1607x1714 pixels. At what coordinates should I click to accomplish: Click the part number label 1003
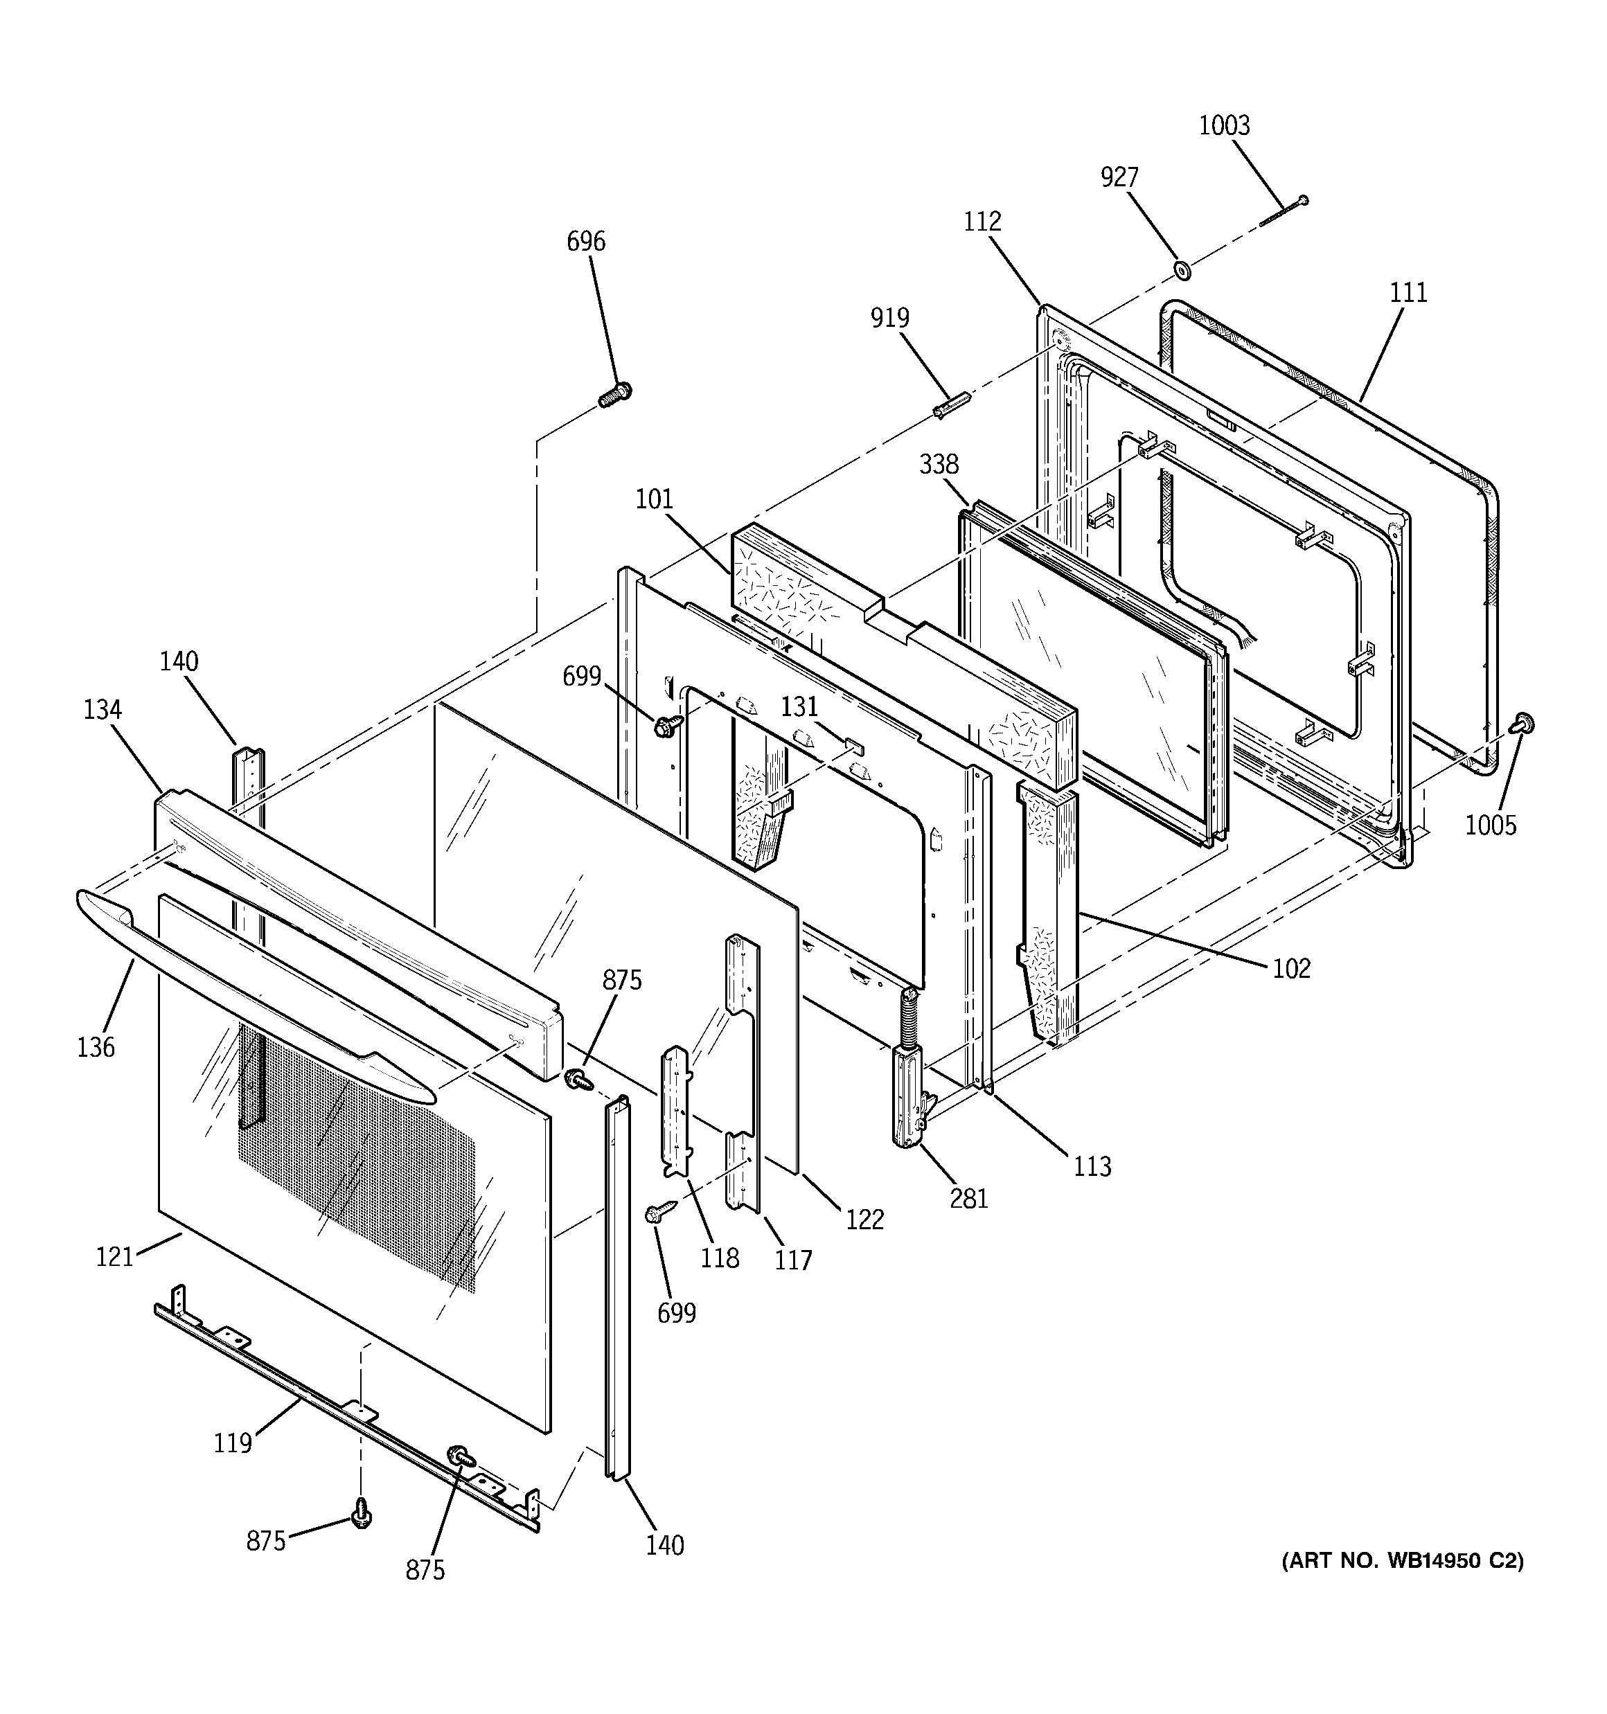(x=1224, y=126)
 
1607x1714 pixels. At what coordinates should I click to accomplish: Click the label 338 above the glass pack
(x=939, y=465)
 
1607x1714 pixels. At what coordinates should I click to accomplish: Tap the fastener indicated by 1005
(x=1523, y=724)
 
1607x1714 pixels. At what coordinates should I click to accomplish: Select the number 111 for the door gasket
(x=1408, y=293)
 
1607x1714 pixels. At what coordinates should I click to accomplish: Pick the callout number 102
(x=1291, y=969)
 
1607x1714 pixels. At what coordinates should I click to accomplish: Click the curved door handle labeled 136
(x=259, y=992)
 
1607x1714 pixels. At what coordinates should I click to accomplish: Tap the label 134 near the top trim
(x=103, y=711)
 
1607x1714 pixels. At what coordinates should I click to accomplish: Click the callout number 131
(x=799, y=707)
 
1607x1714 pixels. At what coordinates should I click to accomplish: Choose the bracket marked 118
(x=675, y=1112)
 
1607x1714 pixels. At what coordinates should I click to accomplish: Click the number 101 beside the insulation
(x=654, y=499)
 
